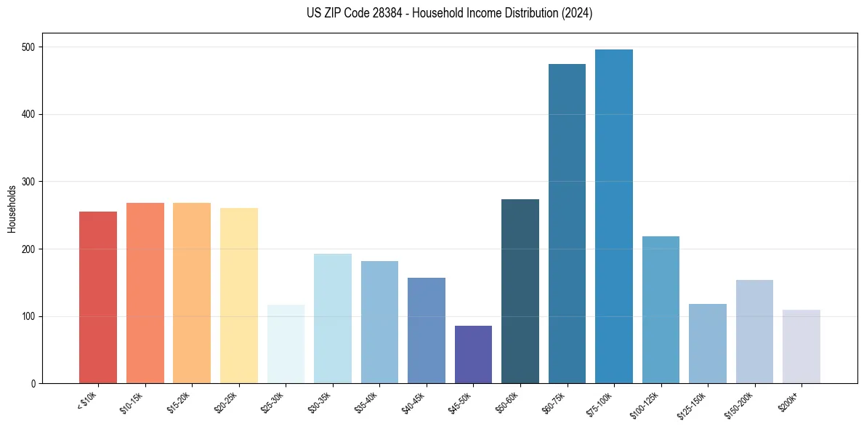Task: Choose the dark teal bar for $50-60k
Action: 520,292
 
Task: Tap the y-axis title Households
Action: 12,209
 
